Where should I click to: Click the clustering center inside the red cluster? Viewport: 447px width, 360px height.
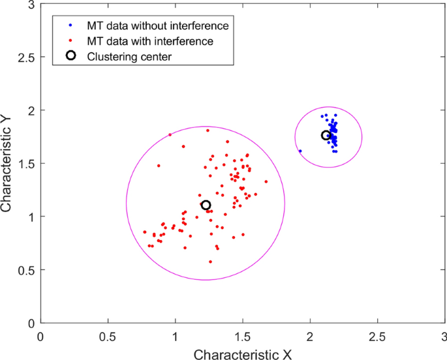tap(206, 205)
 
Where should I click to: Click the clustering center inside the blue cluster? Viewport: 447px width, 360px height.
tap(326, 135)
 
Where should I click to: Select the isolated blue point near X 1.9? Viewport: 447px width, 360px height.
tap(300, 151)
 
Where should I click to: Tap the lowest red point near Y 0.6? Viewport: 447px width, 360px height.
tap(210, 262)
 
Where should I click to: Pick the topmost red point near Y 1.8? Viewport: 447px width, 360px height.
tap(208, 130)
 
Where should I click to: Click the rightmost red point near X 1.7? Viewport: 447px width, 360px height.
tap(266, 181)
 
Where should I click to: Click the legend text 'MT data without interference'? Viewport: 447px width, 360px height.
tap(158, 26)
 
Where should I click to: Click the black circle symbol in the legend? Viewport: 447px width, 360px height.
tap(71, 56)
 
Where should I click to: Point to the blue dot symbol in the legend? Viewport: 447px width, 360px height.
tap(71, 26)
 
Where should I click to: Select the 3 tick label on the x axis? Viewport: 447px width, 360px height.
tap(443, 337)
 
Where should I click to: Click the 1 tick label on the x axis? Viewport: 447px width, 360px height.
tap(175, 337)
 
